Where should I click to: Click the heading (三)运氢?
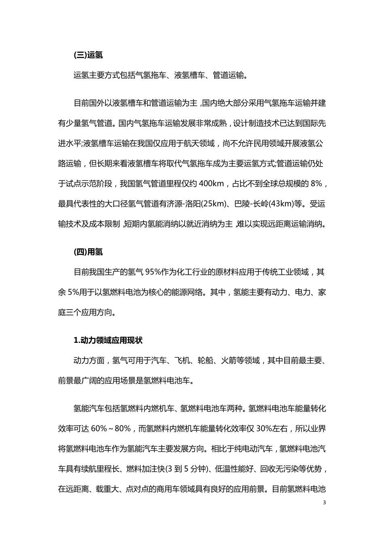88,55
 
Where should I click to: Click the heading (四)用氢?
88,252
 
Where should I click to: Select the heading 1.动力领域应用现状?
108,340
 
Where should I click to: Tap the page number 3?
324,503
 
